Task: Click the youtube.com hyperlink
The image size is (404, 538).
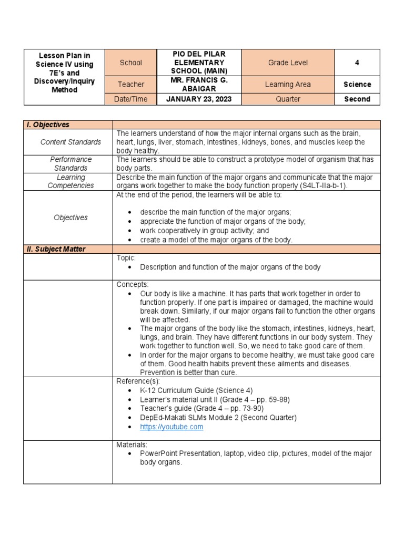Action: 171,427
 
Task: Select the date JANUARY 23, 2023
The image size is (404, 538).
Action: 199,99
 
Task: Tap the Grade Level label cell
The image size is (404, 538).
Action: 288,63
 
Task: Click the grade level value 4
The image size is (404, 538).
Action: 357,63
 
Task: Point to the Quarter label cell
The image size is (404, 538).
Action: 288,99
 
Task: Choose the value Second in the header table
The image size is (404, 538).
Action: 357,99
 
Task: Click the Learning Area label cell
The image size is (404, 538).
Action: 289,84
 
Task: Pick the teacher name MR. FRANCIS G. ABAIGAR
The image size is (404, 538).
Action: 199,84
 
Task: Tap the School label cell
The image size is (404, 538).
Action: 131,63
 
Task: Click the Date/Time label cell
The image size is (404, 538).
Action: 131,99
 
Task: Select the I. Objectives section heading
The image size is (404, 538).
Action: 48,125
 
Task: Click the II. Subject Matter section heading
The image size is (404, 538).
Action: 56,249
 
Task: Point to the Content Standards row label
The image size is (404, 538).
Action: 71,142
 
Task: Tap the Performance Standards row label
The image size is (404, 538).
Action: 71,163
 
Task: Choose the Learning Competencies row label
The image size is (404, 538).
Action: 71,181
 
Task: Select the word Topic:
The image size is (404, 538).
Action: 126,258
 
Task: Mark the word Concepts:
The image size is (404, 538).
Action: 133,284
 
